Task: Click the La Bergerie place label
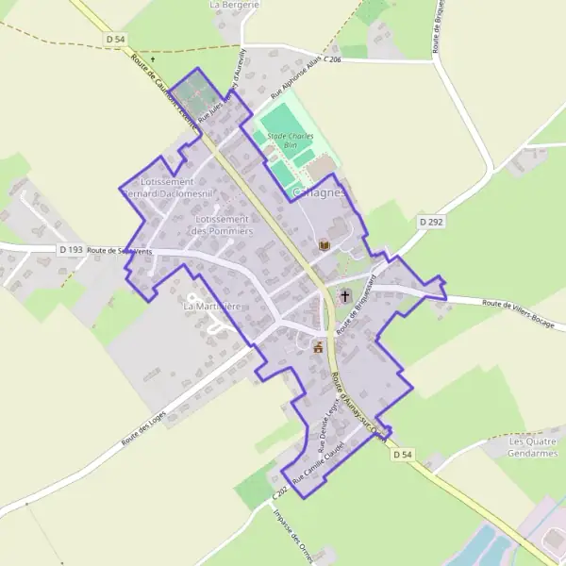(x=234, y=5)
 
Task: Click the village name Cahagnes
(x=320, y=191)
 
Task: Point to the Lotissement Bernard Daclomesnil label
(x=166, y=187)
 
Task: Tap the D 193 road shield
(x=70, y=250)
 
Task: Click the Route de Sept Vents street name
(x=119, y=251)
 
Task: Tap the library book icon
(x=325, y=245)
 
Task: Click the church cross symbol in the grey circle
(x=345, y=295)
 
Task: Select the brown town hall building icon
(x=319, y=346)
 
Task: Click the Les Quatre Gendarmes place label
(x=533, y=447)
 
